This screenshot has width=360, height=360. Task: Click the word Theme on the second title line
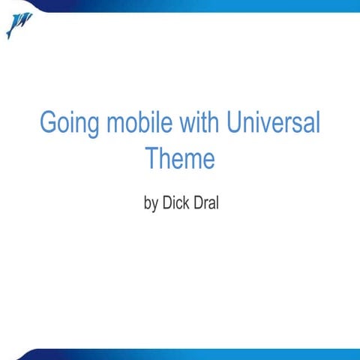point(180,158)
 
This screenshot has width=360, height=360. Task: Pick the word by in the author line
point(151,202)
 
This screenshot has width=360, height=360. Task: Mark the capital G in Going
point(48,123)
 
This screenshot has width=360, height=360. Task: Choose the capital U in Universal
point(232,123)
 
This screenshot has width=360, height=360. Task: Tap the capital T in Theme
point(151,158)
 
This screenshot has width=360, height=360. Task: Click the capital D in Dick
point(167,202)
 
